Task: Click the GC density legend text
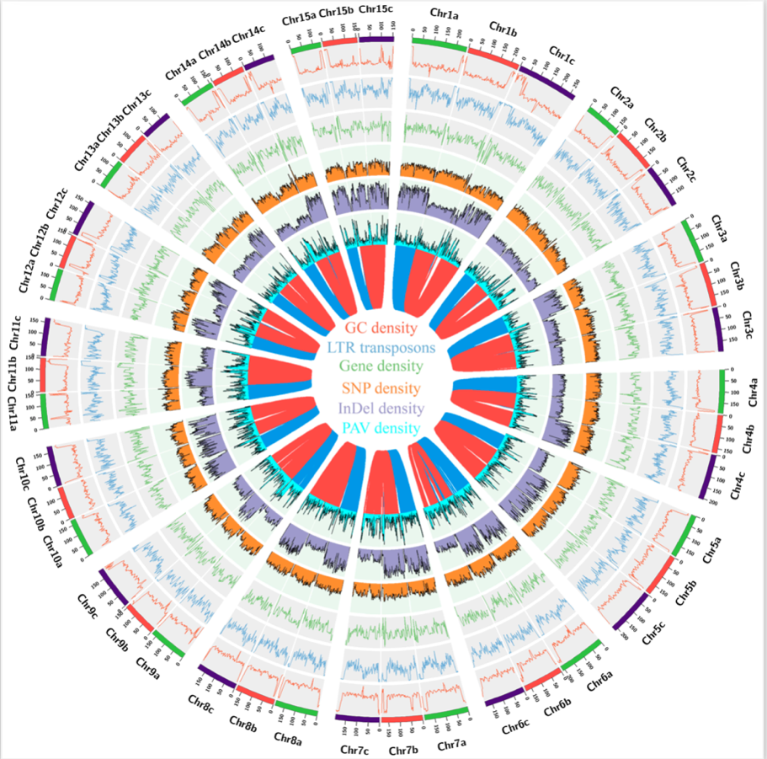(383, 328)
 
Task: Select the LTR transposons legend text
(383, 348)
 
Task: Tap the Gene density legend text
(383, 368)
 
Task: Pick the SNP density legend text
(383, 388)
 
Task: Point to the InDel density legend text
(383, 408)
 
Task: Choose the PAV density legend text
(383, 428)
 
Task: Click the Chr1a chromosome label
(444, 15)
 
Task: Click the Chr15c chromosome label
(375, 9)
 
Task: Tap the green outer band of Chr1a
(438, 40)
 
